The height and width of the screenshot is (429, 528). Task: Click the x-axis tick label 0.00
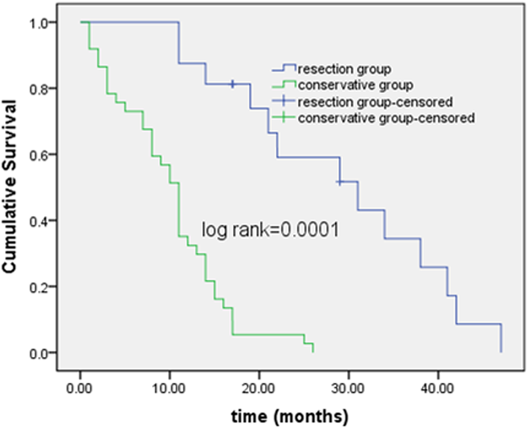(x=80, y=388)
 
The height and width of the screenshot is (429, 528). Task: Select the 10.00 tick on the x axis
(x=169, y=388)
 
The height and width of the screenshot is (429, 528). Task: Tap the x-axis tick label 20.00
(x=259, y=388)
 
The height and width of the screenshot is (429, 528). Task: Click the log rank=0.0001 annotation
(x=270, y=230)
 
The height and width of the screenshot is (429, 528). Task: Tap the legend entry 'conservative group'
(x=355, y=84)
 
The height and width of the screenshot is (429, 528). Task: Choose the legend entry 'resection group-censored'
(x=375, y=101)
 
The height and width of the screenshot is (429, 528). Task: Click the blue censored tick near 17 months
(x=232, y=84)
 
